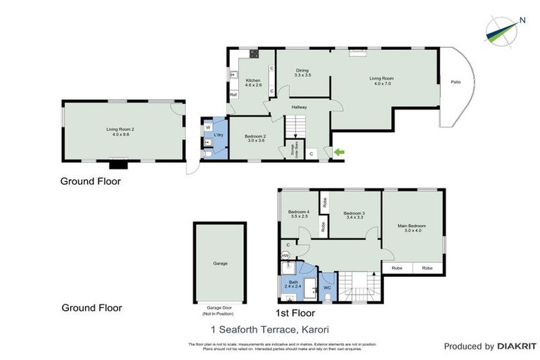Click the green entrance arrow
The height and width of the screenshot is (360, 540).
pyautogui.click(x=339, y=152)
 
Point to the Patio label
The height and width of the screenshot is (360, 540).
pyautogui.click(x=456, y=82)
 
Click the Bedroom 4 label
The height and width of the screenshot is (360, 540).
pyautogui.click(x=299, y=214)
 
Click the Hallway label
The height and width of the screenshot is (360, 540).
pyautogui.click(x=300, y=107)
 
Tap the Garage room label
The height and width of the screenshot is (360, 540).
pyautogui.click(x=220, y=263)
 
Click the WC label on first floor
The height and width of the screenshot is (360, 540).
pyautogui.click(x=327, y=288)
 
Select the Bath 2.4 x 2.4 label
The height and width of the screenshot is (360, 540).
pyautogui.click(x=293, y=284)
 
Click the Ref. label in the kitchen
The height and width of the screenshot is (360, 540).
pyautogui.click(x=232, y=95)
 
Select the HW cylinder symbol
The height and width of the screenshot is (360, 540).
pyautogui.click(x=285, y=255)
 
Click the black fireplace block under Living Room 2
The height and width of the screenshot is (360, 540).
pyautogui.click(x=117, y=166)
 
